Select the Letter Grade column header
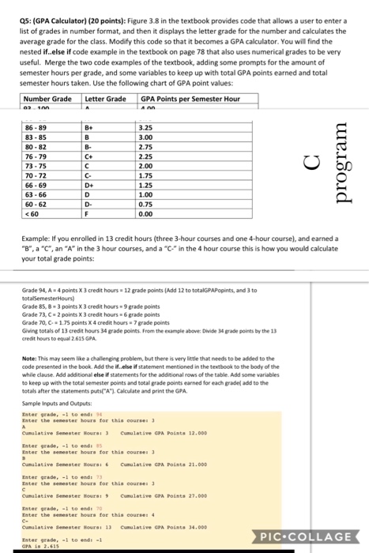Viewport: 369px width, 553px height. [104, 99]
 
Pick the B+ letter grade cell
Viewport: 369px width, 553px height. [101, 125]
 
